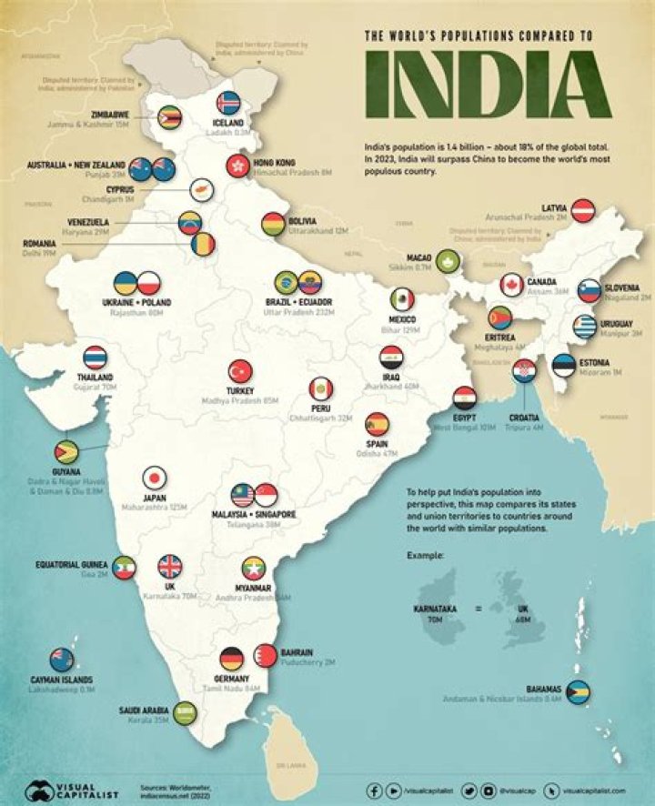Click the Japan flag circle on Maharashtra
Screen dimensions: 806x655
tap(155, 479)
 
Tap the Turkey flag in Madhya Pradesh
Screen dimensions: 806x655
tap(240, 371)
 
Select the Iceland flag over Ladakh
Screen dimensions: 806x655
tap(228, 102)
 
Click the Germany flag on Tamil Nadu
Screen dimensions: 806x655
tap(231, 659)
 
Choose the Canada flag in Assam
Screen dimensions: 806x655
tap(511, 285)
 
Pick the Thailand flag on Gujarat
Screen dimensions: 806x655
tap(95, 358)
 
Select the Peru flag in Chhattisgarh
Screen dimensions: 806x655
tap(320, 388)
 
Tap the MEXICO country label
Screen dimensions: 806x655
tap(402, 319)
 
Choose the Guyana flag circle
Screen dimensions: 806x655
tap(66, 451)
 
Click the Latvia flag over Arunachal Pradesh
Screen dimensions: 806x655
tap(582, 210)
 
